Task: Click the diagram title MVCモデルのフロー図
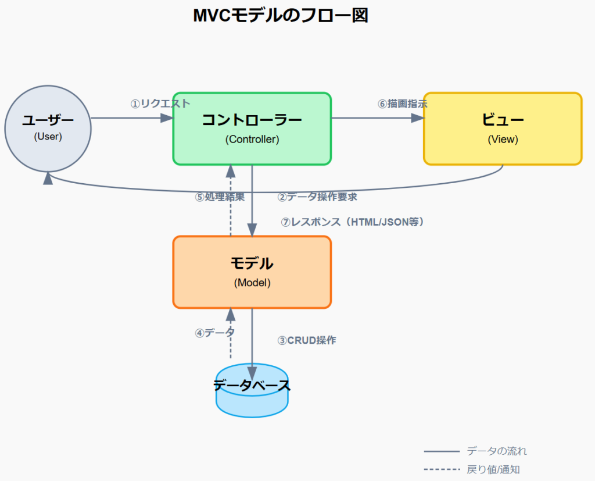281,16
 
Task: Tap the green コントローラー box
252,128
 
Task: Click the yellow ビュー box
503,128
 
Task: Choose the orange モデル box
252,272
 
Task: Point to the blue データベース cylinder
252,391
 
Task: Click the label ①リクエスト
160,104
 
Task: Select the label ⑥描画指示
403,104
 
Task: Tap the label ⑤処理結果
220,197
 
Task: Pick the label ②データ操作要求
317,197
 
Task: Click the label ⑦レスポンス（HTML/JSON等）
353,222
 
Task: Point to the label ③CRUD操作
307,340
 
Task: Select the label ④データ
215,333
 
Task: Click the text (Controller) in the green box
252,140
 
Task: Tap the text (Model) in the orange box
252,283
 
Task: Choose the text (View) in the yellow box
503,140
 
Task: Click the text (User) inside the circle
48,137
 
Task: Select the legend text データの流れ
497,451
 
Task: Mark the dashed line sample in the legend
442,469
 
